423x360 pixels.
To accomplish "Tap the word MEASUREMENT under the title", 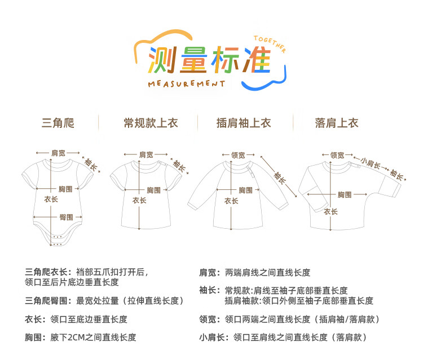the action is click(x=186, y=84).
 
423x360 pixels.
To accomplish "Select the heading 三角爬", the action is click(x=58, y=123).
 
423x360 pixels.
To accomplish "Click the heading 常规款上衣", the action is click(x=151, y=123).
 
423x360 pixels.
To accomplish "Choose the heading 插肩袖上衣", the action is click(x=244, y=123).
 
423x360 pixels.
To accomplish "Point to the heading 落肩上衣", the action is click(x=337, y=123).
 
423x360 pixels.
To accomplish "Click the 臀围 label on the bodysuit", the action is click(x=65, y=217).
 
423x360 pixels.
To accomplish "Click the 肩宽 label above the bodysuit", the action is click(x=58, y=153).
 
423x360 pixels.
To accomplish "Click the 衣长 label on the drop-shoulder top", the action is click(x=331, y=212).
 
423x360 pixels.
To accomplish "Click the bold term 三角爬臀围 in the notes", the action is click(x=48, y=301).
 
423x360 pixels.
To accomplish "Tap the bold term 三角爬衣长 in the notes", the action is click(x=48, y=272).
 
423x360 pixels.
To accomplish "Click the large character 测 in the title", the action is click(x=160, y=61).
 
